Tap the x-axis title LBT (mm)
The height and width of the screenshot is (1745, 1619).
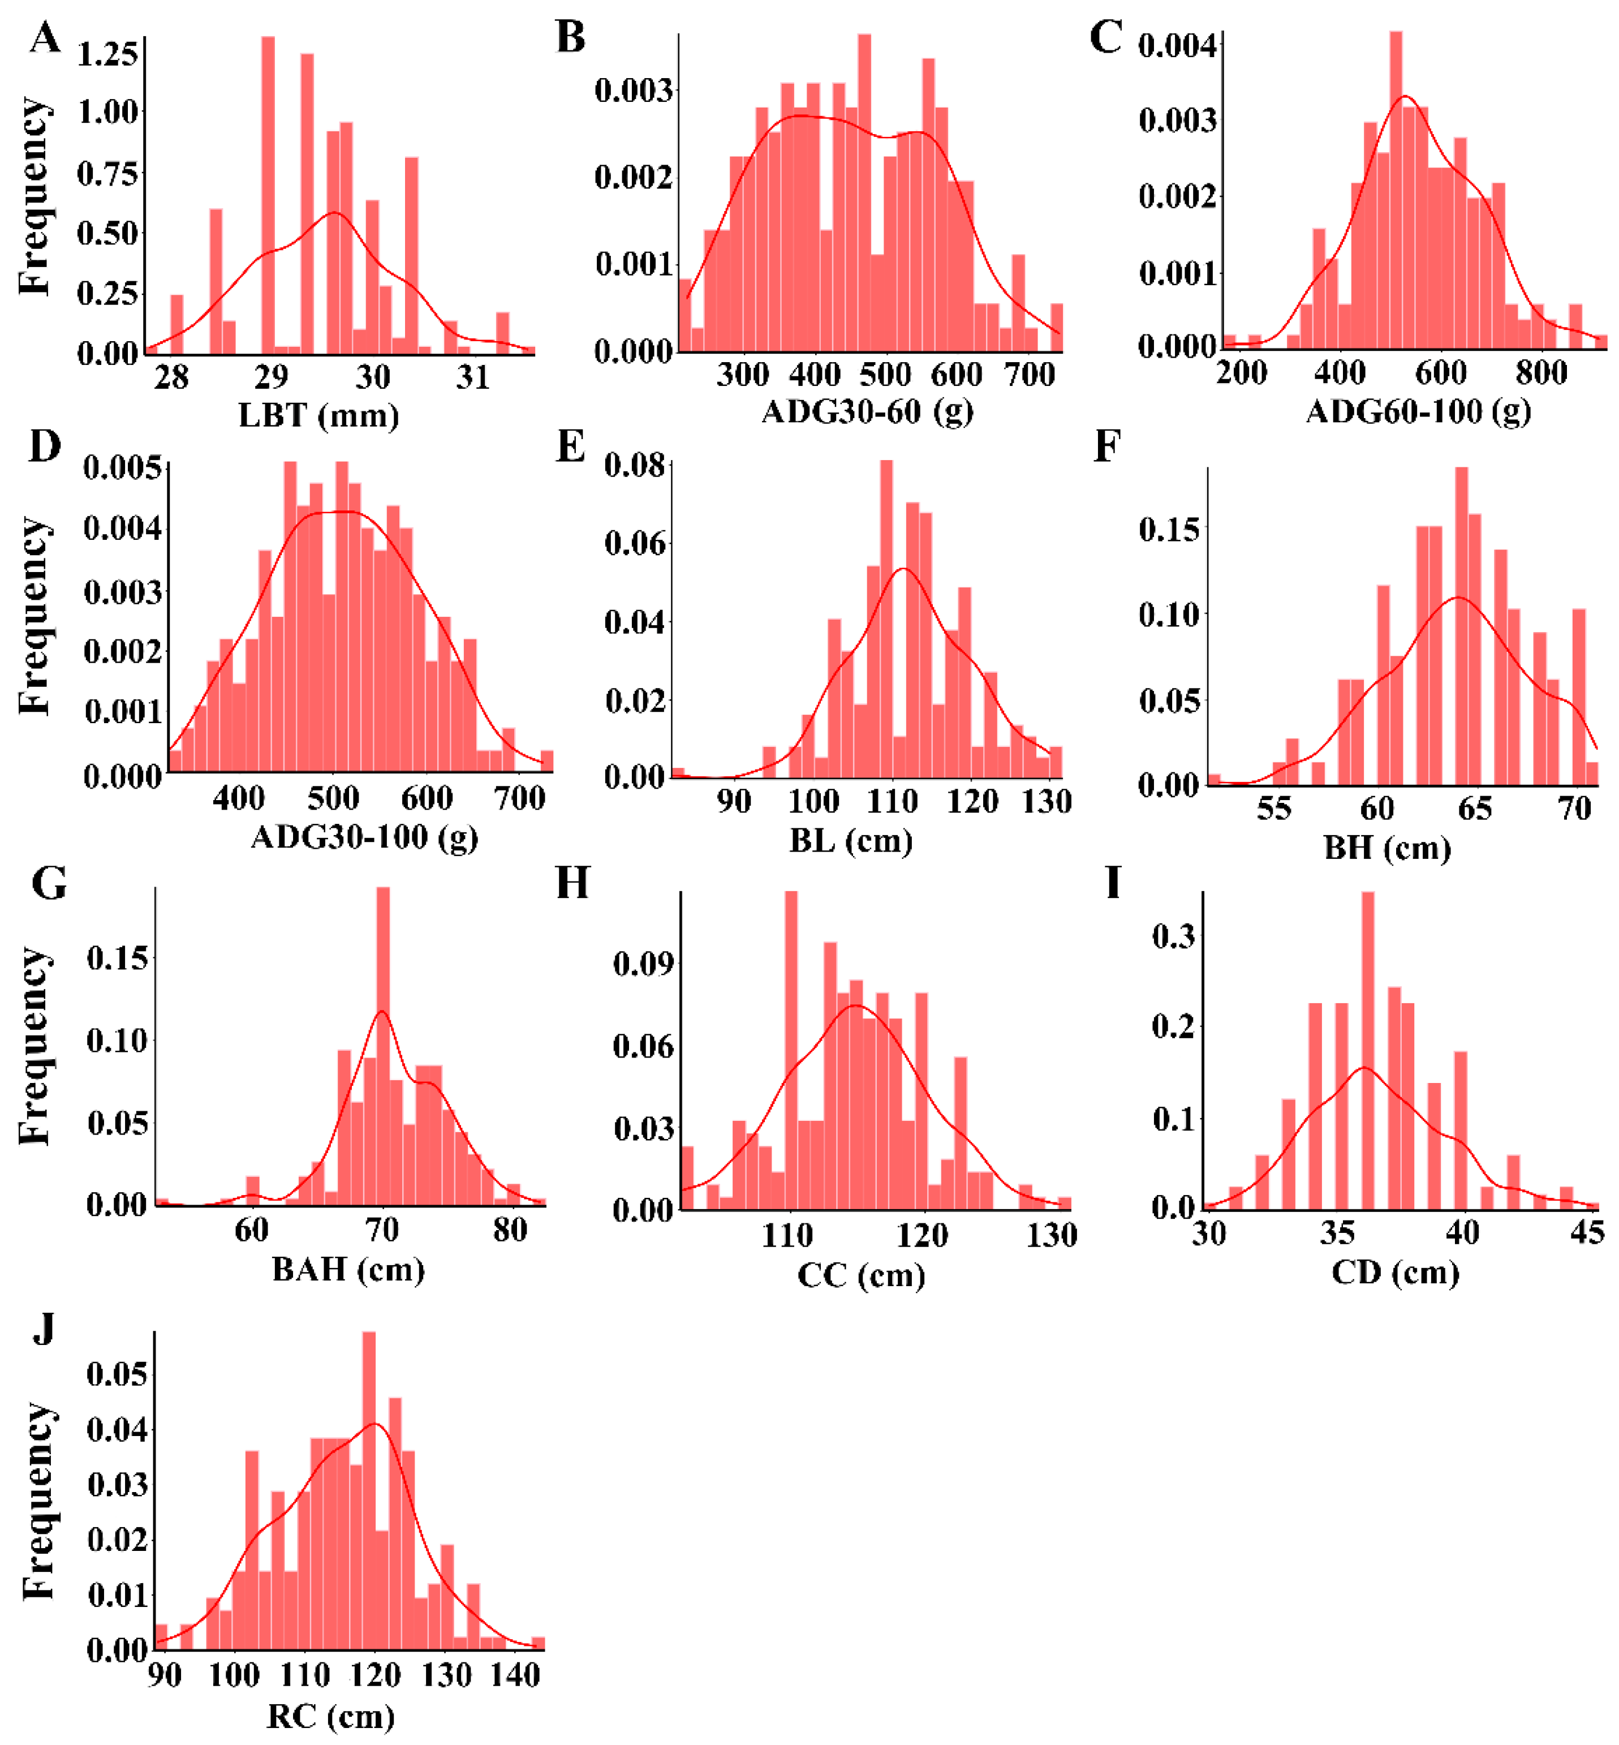pos(319,415)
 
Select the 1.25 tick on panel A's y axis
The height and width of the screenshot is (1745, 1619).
pos(107,54)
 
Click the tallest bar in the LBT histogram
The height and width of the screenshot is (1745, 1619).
pos(268,193)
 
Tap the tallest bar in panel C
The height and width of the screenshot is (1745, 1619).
pos(1396,188)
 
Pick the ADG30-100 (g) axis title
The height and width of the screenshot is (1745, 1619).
pos(364,838)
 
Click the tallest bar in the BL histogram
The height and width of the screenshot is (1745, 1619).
pos(886,618)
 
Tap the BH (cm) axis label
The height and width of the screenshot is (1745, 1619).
pos(1387,848)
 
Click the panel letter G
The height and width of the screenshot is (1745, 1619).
pos(48,883)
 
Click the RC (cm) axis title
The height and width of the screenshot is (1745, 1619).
pos(330,1716)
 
